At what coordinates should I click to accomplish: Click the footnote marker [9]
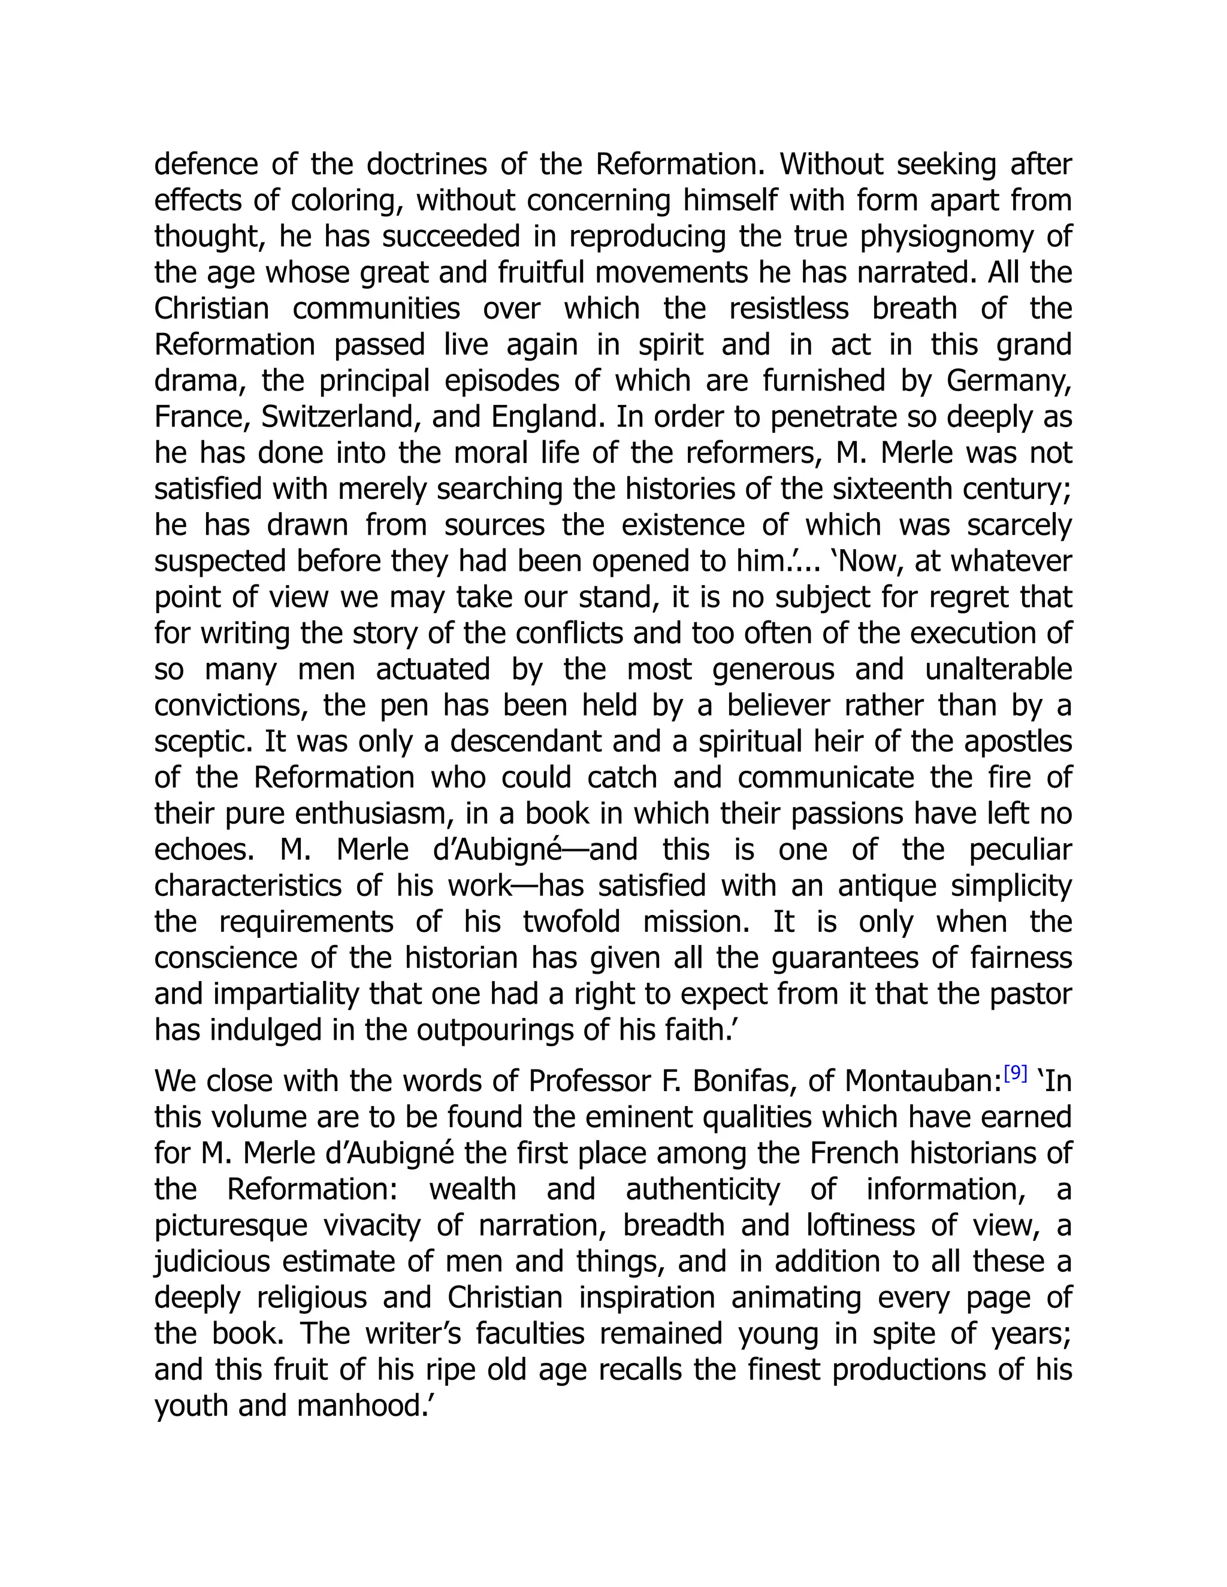[x=1015, y=1073]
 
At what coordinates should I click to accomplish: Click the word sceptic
[x=201, y=743]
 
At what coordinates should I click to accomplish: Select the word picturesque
[x=231, y=1226]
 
